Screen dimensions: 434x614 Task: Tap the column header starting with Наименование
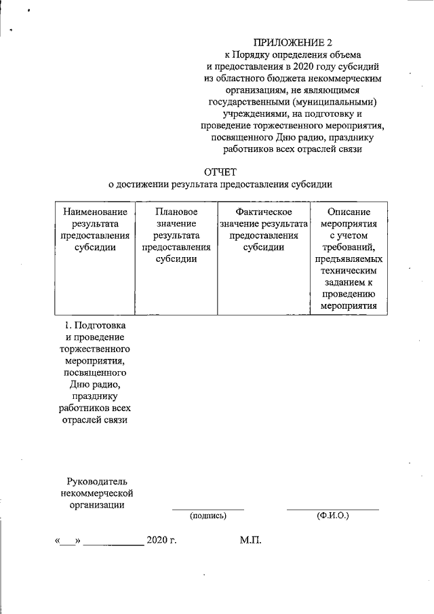pyautogui.click(x=95, y=229)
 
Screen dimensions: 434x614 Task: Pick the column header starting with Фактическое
pyautogui.click(x=264, y=229)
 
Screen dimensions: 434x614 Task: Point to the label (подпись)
pyautogui.click(x=208, y=516)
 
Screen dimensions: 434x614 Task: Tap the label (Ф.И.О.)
pyautogui.click(x=332, y=516)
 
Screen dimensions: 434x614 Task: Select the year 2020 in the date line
pyautogui.click(x=156, y=541)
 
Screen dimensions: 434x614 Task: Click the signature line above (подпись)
pyautogui.click(x=208, y=509)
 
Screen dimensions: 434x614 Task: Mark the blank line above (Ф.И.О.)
pyautogui.click(x=332, y=509)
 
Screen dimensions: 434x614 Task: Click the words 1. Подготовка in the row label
pyautogui.click(x=94, y=325)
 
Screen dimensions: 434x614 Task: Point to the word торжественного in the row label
pyautogui.click(x=95, y=349)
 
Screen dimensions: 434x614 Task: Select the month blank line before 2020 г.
pyautogui.click(x=113, y=545)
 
